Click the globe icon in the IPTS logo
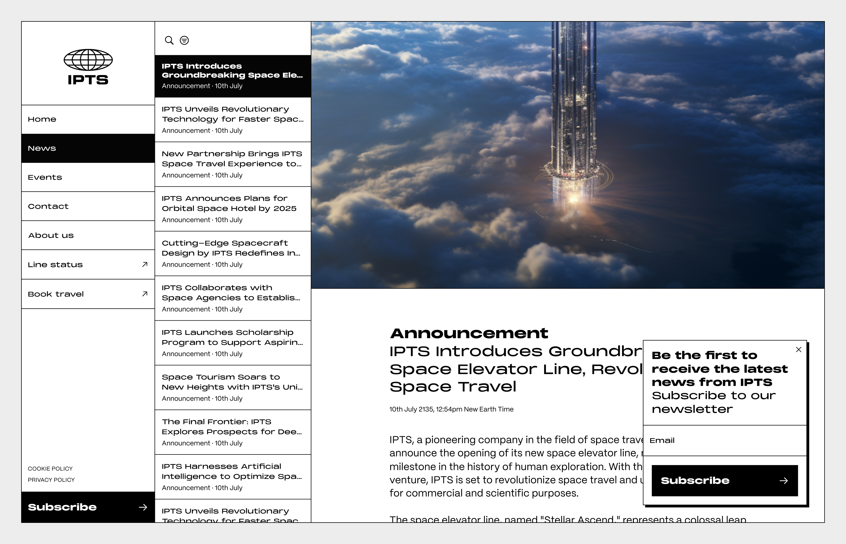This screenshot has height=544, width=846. pyautogui.click(x=88, y=60)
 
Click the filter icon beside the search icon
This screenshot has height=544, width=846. pyautogui.click(x=184, y=40)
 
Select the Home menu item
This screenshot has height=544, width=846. pyautogui.click(x=42, y=119)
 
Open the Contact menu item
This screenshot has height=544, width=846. pyautogui.click(x=48, y=206)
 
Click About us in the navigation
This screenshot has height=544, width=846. pyautogui.click(x=51, y=235)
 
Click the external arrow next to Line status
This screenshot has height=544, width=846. pyautogui.click(x=145, y=264)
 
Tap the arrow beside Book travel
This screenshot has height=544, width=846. pyautogui.click(x=145, y=294)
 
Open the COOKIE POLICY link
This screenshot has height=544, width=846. pyautogui.click(x=50, y=468)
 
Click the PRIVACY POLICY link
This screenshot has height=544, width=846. pyautogui.click(x=51, y=480)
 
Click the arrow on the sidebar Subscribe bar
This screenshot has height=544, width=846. pyautogui.click(x=143, y=507)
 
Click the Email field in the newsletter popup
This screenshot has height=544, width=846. pyautogui.click(x=725, y=440)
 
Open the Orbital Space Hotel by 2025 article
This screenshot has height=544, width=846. pyautogui.click(x=229, y=203)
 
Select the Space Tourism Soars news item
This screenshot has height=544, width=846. pyautogui.click(x=232, y=382)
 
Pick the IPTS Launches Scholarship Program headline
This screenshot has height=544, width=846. pyautogui.click(x=232, y=337)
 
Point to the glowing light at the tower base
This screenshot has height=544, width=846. pyautogui.click(x=573, y=198)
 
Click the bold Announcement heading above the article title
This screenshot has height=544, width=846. pyautogui.click(x=469, y=333)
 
